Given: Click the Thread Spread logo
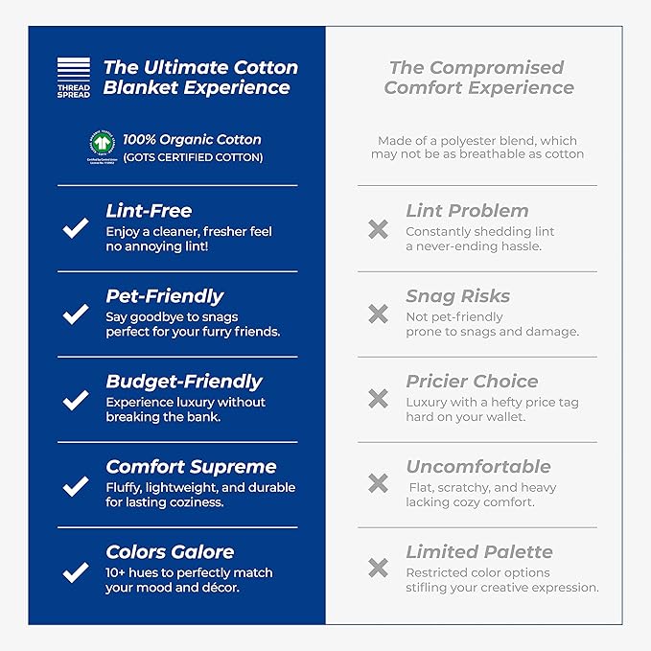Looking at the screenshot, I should click(x=73, y=78).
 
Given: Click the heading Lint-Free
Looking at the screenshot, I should click(x=149, y=211).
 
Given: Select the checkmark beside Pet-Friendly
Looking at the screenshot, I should click(x=75, y=314).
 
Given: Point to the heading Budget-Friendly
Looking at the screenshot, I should click(x=183, y=382).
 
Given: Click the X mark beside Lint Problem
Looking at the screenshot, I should click(x=378, y=229).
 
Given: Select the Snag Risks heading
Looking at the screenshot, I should click(x=457, y=296).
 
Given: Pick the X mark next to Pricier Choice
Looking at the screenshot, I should click(x=378, y=399).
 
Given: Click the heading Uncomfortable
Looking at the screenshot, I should click(x=477, y=467).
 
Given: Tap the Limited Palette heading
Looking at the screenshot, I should click(x=478, y=552).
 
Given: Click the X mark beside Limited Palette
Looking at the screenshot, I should click(x=378, y=570).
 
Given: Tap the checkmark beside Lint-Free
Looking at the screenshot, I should click(x=75, y=229).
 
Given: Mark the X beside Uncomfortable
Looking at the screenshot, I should click(x=378, y=484).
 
